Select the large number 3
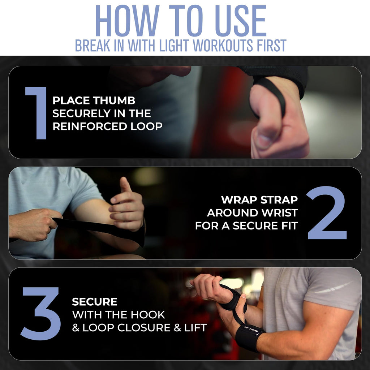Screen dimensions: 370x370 pyautogui.click(x=40, y=314)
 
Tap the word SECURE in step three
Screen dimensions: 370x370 pyautogui.click(x=95, y=302)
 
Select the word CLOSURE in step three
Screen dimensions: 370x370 pyautogui.click(x=144, y=328)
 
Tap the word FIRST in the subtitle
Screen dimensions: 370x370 pyautogui.click(x=272, y=45)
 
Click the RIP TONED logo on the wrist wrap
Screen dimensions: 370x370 pyautogui.click(x=251, y=330)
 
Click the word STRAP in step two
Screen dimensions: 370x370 pyautogui.click(x=279, y=200)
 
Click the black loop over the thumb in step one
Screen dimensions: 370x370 pyautogui.click(x=271, y=94)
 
